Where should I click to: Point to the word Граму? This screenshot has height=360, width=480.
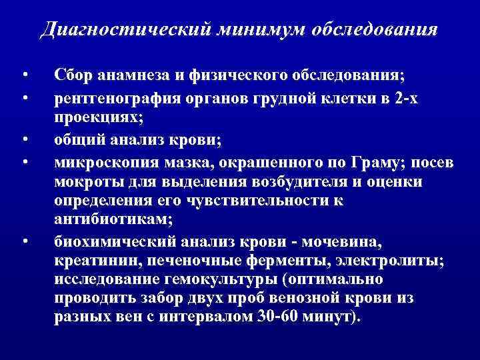tap(365, 163)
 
